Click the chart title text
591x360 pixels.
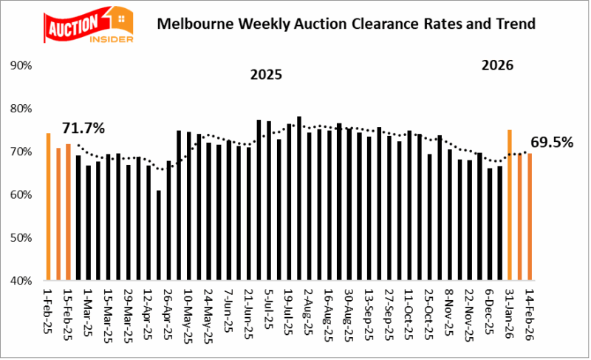346,24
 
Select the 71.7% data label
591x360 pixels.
82,128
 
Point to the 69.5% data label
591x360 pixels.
552,141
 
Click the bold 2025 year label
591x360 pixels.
266,75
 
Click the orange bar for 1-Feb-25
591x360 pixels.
48,207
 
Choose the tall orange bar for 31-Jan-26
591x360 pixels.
509,206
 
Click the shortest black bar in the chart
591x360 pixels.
158,236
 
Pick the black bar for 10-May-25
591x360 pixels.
179,206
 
